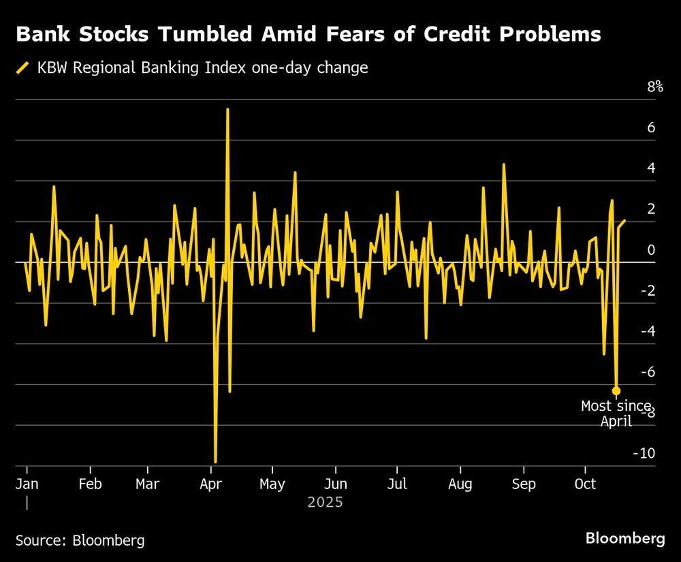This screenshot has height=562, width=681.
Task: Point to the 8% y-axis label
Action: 655,87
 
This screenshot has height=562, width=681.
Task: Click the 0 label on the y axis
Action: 652,250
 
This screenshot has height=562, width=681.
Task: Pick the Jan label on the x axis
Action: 27,484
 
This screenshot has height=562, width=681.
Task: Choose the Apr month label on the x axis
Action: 211,484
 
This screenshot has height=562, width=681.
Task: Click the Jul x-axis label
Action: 397,484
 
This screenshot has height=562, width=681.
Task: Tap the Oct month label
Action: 585,484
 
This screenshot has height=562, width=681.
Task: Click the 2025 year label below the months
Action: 325,503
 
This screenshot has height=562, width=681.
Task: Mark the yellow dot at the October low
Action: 616,390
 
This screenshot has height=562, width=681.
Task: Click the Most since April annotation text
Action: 616,413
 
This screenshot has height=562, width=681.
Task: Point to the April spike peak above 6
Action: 227,110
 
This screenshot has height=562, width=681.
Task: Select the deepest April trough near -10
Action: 215,462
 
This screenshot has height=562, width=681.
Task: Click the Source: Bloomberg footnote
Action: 80,540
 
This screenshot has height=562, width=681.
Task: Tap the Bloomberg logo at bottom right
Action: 625,538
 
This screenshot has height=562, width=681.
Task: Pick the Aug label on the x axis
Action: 460,484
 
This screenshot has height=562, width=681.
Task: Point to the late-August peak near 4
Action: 504,164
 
